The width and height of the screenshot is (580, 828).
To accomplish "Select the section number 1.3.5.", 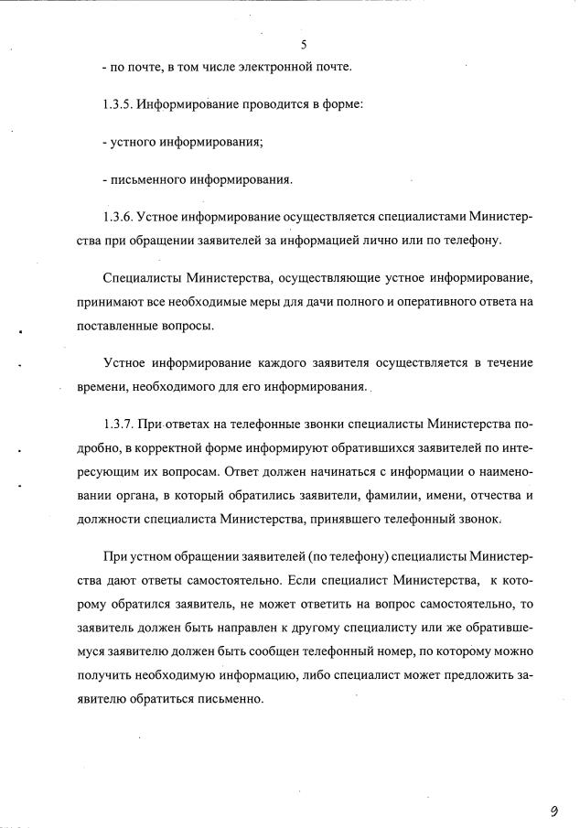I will click(119, 104).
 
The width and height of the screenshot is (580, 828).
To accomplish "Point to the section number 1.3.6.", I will click(119, 217).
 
